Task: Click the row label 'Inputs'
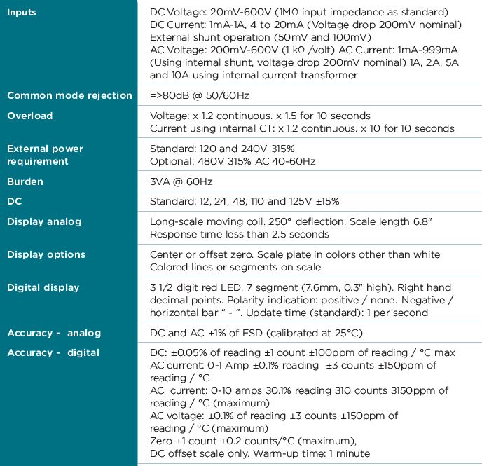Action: pyautogui.click(x=22, y=13)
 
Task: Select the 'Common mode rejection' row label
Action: pyautogui.click(x=69, y=95)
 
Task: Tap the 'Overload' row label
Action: pyautogui.click(x=29, y=116)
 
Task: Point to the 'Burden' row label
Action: pyautogui.click(x=25, y=181)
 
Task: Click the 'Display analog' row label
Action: pyautogui.click(x=44, y=221)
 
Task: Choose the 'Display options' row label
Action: pyautogui.click(x=46, y=254)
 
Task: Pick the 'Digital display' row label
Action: pyautogui.click(x=43, y=287)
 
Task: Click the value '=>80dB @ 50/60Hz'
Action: pyautogui.click(x=200, y=95)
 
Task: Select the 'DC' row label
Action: pyautogui.click(x=15, y=201)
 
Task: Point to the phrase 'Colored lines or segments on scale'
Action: pyautogui.click(x=235, y=267)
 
